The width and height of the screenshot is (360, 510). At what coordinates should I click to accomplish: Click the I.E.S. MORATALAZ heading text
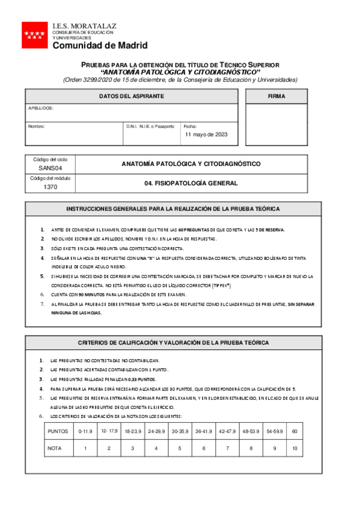point(84,26)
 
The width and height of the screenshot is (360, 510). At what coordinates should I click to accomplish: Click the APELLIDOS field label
point(41,108)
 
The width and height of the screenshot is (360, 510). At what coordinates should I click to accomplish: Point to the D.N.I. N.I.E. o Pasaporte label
point(150,126)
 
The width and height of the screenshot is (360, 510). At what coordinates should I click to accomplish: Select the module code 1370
point(50,187)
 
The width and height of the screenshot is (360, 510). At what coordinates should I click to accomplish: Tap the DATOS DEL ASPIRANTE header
point(131,96)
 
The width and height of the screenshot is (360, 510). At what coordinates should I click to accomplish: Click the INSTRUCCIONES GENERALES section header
point(172,209)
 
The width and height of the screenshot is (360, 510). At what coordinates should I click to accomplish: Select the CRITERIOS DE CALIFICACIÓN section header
point(173,342)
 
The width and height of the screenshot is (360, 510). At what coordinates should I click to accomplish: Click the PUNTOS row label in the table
point(58,431)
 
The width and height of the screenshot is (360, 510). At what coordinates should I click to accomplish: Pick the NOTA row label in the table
point(56,448)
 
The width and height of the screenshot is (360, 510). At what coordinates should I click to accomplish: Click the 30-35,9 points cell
point(180,431)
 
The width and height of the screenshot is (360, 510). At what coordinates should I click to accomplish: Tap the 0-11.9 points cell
point(85,431)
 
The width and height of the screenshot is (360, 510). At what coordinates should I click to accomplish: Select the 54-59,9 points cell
point(274,431)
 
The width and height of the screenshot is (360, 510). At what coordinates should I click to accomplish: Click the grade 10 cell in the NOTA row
point(294,448)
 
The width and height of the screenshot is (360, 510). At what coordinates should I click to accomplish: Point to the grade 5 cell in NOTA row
point(180,448)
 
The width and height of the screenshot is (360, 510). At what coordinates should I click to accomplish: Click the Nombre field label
point(37,126)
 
